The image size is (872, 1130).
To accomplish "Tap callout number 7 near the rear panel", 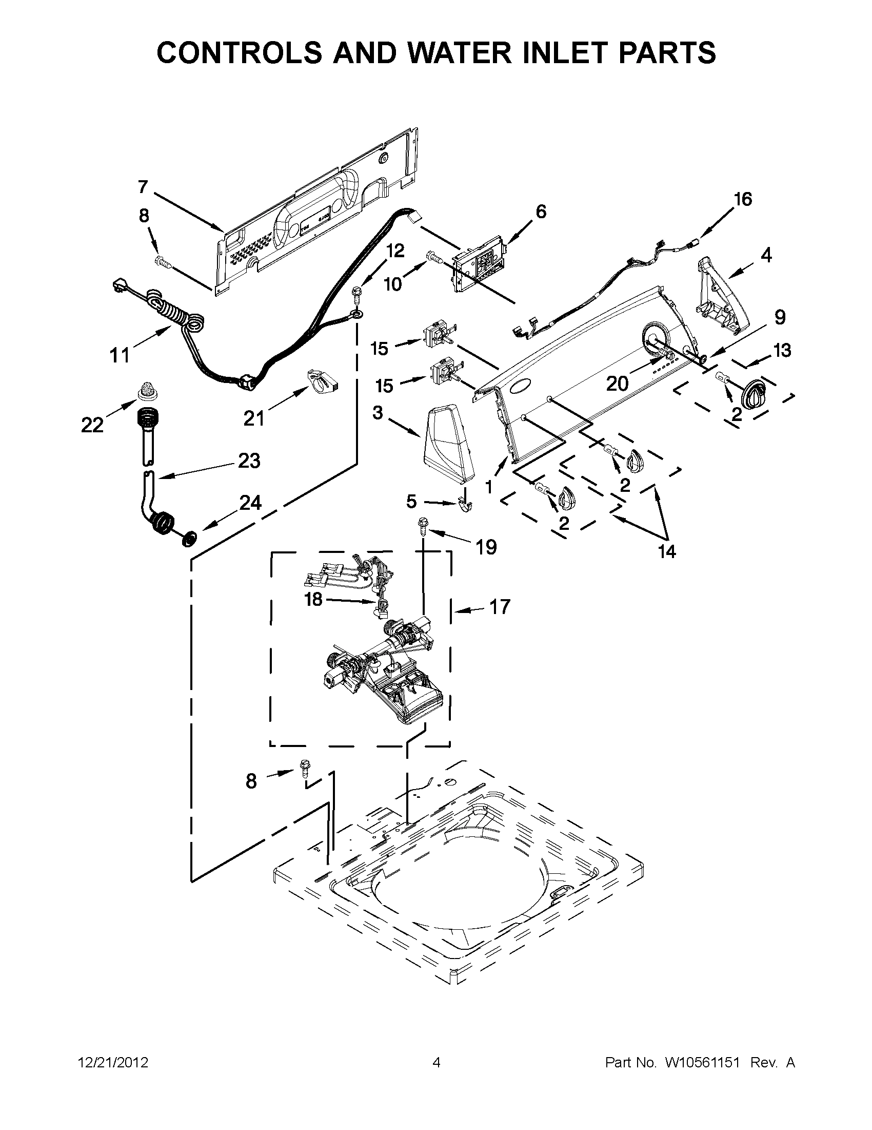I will [x=143, y=187].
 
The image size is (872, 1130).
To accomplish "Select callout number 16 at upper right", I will [x=743, y=199].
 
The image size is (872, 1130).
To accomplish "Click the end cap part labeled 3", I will [x=448, y=444].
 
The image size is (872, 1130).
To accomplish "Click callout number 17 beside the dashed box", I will [x=499, y=607].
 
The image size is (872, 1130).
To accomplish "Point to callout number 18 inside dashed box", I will [x=314, y=600].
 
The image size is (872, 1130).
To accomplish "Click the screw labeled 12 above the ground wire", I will [x=355, y=294].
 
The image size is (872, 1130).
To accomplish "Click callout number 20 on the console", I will [x=617, y=384].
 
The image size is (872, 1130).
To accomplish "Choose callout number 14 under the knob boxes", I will [x=667, y=552].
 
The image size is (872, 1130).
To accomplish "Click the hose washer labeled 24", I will [x=190, y=538].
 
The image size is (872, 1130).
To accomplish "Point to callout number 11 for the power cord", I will [x=120, y=355].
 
